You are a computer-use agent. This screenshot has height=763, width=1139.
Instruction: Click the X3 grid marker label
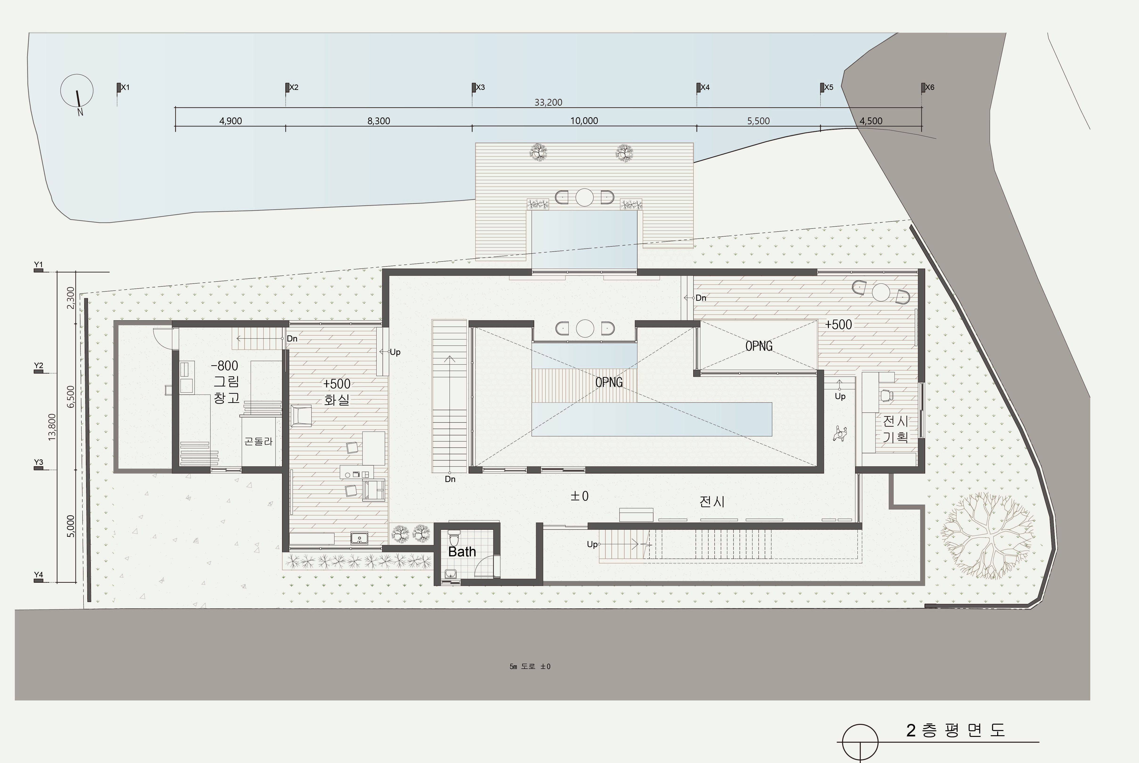481,88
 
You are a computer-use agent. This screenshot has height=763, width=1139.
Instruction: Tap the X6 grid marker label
930,88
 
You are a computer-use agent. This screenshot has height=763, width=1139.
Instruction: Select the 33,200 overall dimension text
548,102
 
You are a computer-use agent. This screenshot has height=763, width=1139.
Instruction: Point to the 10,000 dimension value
584,121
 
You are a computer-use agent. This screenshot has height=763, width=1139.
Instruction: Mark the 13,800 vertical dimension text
52,427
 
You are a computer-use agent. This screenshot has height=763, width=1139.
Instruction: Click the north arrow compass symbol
77,92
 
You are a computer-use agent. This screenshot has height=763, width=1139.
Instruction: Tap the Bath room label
462,552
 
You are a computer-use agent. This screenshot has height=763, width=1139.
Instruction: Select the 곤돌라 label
258,441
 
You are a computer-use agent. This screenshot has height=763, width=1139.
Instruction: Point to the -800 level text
225,365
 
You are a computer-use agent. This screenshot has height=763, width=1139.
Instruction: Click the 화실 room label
337,400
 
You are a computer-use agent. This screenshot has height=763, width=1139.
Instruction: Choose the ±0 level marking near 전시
580,496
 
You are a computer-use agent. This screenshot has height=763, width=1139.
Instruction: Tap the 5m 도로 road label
530,666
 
